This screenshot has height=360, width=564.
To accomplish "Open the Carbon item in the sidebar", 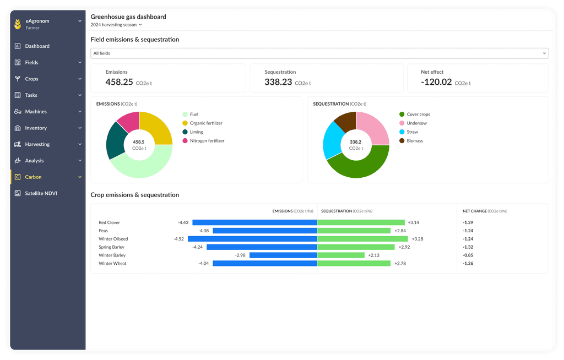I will pyautogui.click(x=33, y=177).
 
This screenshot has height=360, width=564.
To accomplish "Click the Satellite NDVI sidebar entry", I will pyautogui.click(x=41, y=193).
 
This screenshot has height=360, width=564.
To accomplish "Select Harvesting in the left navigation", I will pyautogui.click(x=37, y=144).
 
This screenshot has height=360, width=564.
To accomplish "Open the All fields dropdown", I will pyautogui.click(x=319, y=53).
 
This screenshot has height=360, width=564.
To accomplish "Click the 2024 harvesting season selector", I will pyautogui.click(x=116, y=25).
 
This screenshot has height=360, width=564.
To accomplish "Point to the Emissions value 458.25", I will pyautogui.click(x=120, y=82).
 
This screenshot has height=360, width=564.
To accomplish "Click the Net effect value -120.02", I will pyautogui.click(x=436, y=82).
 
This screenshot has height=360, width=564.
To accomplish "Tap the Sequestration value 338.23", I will pyautogui.click(x=278, y=82).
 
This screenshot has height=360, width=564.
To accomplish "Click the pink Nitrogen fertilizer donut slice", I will pyautogui.click(x=129, y=121).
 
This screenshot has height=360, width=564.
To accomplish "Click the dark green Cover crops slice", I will pyautogui.click(x=358, y=166).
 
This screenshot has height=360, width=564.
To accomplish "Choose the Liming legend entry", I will pyautogui.click(x=196, y=132).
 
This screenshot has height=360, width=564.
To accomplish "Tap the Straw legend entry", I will pyautogui.click(x=412, y=132).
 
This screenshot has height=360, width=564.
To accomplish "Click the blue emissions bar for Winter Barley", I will pyautogui.click(x=283, y=255).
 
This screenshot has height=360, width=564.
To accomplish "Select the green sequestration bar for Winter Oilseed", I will pyautogui.click(x=362, y=239).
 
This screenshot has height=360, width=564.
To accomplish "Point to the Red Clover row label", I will pyautogui.click(x=109, y=222).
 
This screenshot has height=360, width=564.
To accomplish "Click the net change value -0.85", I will pyautogui.click(x=468, y=255).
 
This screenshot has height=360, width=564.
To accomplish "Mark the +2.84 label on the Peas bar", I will pyautogui.click(x=400, y=231).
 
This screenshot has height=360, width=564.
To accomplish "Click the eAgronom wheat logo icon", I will pyautogui.click(x=18, y=24).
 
